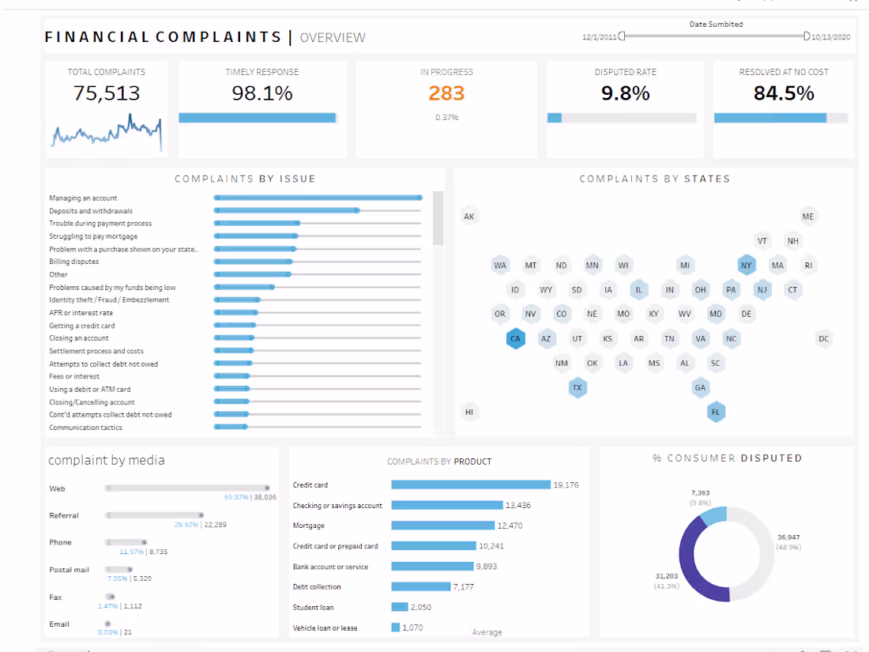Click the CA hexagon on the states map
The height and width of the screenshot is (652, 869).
515,339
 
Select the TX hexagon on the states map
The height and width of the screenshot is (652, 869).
577,388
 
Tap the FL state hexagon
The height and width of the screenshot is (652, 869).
716,412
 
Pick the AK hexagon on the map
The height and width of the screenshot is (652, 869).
469,217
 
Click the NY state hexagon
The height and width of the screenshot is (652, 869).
747,266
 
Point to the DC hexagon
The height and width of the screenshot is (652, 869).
824,339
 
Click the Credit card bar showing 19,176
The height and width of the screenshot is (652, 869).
470,484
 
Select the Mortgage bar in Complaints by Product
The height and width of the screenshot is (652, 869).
442,526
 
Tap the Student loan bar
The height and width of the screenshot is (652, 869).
400,607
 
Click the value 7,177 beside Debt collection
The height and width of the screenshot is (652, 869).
463,587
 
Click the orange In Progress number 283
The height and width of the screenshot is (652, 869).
446,93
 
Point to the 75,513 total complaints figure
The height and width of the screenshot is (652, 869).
107,93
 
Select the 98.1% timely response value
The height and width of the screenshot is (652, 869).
261,93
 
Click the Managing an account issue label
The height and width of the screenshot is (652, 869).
83,198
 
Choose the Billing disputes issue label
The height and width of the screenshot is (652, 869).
74,262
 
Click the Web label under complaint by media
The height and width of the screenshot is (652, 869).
57,489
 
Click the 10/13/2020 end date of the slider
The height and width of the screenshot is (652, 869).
831,37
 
